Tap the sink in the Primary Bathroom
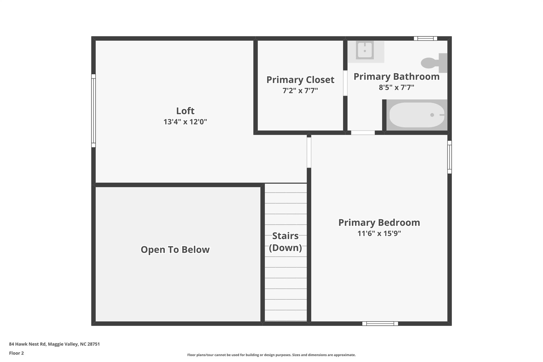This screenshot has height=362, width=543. pos(365,50)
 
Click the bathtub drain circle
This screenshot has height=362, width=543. pos(432,115)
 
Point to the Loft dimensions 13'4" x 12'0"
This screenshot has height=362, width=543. pos(185,122)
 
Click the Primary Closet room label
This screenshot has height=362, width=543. pos(300,80)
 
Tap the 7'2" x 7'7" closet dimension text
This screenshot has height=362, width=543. pos(300,91)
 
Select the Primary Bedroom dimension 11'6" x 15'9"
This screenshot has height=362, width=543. pos(379,234)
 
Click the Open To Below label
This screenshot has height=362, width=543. pos(175,250)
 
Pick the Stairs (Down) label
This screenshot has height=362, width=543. pos(286,242)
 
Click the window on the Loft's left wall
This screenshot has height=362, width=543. pos(93,111)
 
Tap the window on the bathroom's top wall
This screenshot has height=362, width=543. pos(426,38)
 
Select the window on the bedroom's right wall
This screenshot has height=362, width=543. pos(449,157)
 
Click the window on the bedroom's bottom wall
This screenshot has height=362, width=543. pos(380,324)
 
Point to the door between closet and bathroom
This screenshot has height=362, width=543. pos(345,83)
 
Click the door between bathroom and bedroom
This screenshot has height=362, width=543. pos(363,133)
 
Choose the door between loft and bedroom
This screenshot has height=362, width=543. pos(309,152)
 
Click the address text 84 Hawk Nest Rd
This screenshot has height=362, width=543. pos(28,344)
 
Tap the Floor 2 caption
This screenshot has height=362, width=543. pos(16,353)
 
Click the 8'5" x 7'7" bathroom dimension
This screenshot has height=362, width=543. pos(396,88)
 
